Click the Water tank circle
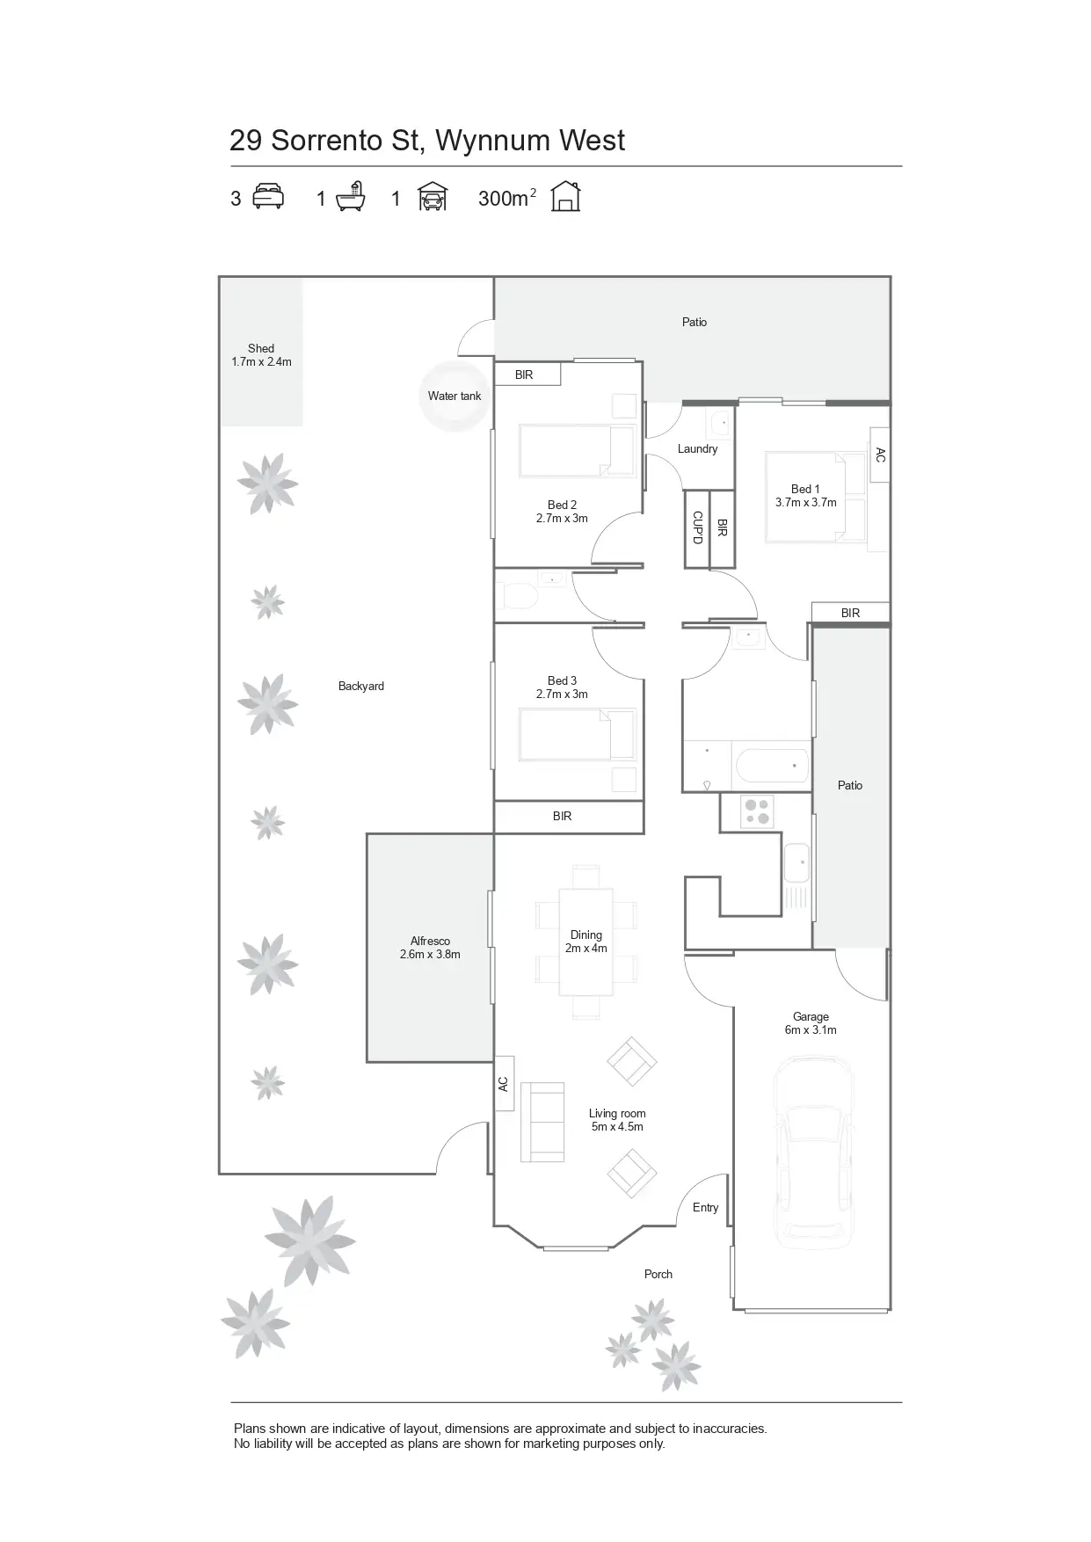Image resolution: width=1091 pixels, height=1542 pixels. point(454,396)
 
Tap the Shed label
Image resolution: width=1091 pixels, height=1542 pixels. point(261,349)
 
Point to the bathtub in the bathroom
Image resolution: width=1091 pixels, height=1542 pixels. point(771,765)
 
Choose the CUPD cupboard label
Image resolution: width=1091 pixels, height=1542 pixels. point(697,527)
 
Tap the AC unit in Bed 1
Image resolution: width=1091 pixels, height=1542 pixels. point(880,455)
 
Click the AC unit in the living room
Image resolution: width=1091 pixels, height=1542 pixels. point(504,1083)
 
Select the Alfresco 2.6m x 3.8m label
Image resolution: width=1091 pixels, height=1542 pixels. point(430,948)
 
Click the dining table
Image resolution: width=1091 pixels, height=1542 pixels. point(586,942)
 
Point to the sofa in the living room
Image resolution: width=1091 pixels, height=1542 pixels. point(542,1121)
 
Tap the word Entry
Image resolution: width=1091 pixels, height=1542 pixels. point(705,1208)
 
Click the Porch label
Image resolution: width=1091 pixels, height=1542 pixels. point(658,1274)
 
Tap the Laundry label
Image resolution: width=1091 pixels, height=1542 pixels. point(697,449)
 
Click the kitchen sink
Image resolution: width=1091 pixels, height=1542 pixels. point(796,862)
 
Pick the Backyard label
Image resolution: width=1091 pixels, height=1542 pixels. point(360,687)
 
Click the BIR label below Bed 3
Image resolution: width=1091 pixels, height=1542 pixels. point(563,817)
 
